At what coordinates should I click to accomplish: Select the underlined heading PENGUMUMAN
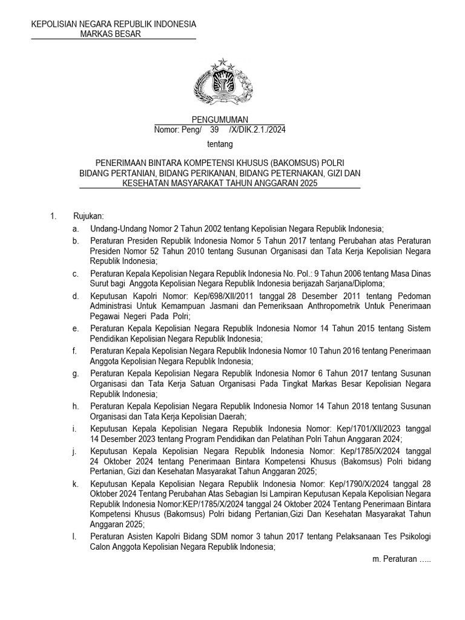[x=220, y=120]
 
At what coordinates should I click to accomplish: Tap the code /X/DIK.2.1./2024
[x=256, y=130]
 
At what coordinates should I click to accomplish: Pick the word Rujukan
[x=89, y=217]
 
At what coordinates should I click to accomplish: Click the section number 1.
[x=53, y=217]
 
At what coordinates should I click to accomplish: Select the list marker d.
[x=75, y=297]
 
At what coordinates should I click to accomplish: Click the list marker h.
[x=75, y=406]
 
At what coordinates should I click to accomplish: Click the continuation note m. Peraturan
[x=401, y=559]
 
